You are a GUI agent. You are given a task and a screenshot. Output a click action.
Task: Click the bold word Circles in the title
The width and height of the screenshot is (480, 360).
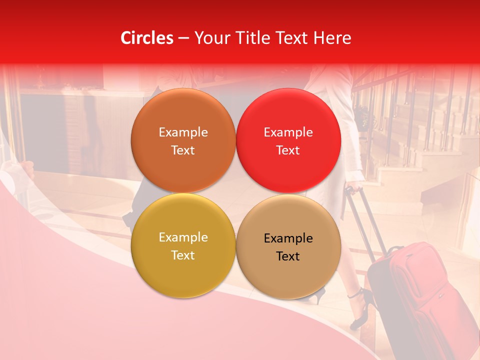click(147, 38)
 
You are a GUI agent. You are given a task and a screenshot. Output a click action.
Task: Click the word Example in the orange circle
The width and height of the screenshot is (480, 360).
click(183, 132)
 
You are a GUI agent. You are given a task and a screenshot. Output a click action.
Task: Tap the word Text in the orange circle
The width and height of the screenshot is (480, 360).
click(183, 150)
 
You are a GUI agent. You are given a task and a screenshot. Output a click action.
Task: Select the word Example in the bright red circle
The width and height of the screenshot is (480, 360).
click(288, 132)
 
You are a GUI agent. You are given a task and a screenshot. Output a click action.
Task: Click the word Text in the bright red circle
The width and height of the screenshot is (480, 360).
click(288, 150)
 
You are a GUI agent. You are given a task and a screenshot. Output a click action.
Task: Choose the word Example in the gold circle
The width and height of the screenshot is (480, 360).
click(183, 237)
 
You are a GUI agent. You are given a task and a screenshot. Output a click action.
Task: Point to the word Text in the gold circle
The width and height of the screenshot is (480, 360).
click(183, 255)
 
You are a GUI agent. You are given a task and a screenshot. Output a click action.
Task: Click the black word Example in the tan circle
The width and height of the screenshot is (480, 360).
click(288, 238)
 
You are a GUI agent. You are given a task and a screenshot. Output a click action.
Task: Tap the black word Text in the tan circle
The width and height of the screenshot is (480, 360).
click(288, 256)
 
